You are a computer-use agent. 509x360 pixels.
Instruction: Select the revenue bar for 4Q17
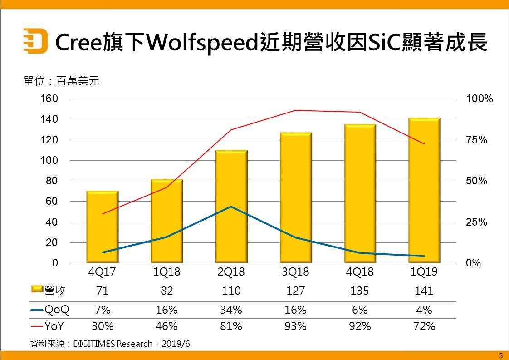[103, 227]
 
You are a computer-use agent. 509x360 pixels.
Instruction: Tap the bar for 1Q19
[425, 191]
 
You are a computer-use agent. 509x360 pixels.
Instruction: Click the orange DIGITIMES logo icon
[35, 40]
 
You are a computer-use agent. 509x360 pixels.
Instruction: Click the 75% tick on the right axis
[477, 140]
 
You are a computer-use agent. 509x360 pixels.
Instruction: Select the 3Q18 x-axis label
[295, 272]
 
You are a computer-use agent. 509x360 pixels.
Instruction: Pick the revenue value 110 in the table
[231, 291]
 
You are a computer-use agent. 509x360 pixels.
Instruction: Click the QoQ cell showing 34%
[231, 310]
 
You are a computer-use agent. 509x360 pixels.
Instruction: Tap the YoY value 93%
[295, 326]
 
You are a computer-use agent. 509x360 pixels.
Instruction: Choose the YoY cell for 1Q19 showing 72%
[425, 326]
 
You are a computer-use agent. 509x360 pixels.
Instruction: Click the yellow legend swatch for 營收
[37, 290]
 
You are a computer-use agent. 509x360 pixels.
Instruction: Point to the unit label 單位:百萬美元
[61, 82]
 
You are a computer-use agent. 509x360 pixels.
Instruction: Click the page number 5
[501, 355]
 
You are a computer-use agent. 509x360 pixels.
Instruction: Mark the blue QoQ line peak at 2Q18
[231, 207]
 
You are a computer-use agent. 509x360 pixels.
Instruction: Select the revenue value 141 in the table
[425, 291]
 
